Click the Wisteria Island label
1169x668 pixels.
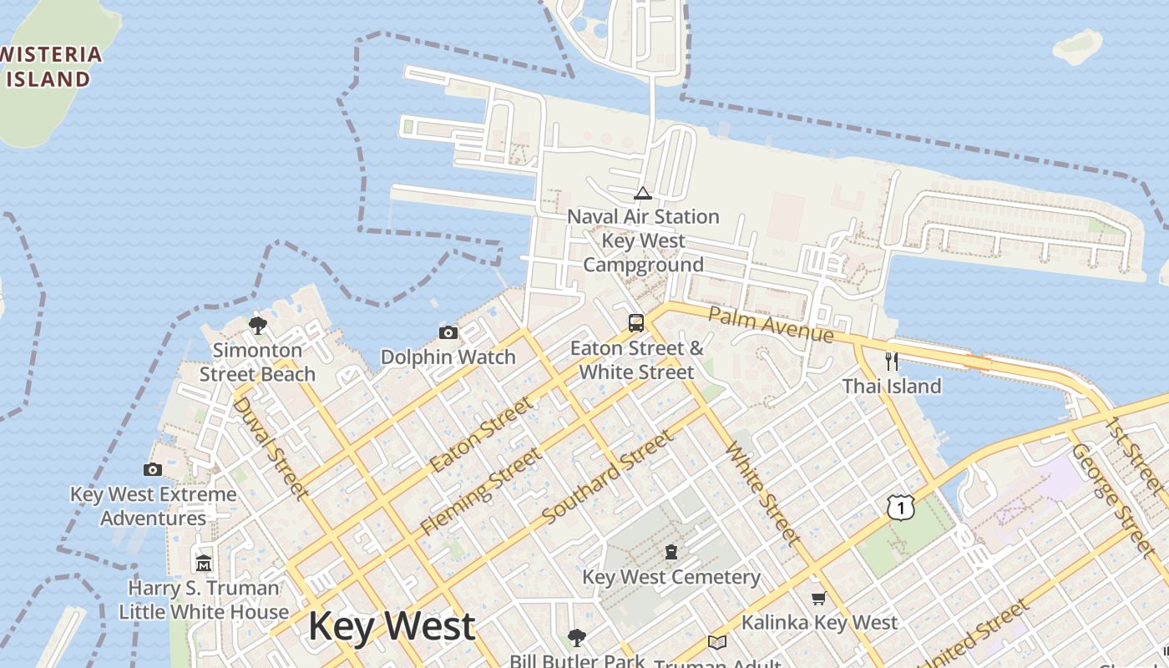50,67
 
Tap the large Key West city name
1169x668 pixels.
392,626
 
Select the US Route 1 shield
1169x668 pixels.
901,506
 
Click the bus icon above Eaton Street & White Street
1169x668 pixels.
636,322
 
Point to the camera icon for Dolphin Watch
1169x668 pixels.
448,332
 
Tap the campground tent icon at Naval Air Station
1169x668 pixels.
642,194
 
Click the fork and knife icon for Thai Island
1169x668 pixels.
892,362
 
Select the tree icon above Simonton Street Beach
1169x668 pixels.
257,325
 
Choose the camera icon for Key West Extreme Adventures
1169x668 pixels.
153,469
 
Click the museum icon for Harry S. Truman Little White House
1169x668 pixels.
204,563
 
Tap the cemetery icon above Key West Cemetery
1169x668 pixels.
671,551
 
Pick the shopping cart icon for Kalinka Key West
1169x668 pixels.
818,598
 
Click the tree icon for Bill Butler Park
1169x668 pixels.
576,638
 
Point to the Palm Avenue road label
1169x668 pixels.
771,324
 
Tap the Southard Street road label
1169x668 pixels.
607,478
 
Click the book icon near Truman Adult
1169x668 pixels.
716,642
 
